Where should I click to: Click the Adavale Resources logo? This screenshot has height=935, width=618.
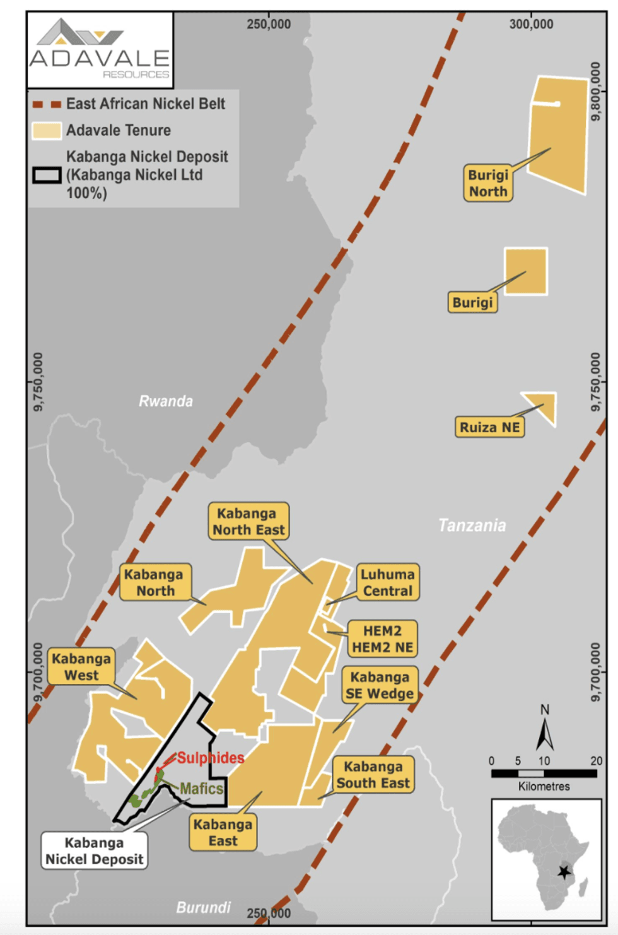100,50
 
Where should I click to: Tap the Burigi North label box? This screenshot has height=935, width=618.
488,183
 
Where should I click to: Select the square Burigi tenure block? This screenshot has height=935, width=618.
526,271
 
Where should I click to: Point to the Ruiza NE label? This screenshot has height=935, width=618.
489,427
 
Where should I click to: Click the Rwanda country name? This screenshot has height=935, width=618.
165,401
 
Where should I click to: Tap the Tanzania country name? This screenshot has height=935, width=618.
472,525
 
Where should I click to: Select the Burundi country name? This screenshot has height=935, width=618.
203,907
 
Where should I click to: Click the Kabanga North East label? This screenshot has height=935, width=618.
248,521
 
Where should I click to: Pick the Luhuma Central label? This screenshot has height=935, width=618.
387,582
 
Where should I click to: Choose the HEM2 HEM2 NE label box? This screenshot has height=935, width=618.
382,638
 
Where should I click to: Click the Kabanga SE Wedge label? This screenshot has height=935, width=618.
380,685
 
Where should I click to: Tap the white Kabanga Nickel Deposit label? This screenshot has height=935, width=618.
94,850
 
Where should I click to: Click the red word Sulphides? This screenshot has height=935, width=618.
210,758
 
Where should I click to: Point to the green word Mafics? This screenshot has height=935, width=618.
201,789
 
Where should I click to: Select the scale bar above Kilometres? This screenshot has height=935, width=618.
544,773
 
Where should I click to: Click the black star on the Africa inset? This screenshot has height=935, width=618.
564,872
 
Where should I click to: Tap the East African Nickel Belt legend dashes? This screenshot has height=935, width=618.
47,104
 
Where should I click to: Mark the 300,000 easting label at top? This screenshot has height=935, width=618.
531,24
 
